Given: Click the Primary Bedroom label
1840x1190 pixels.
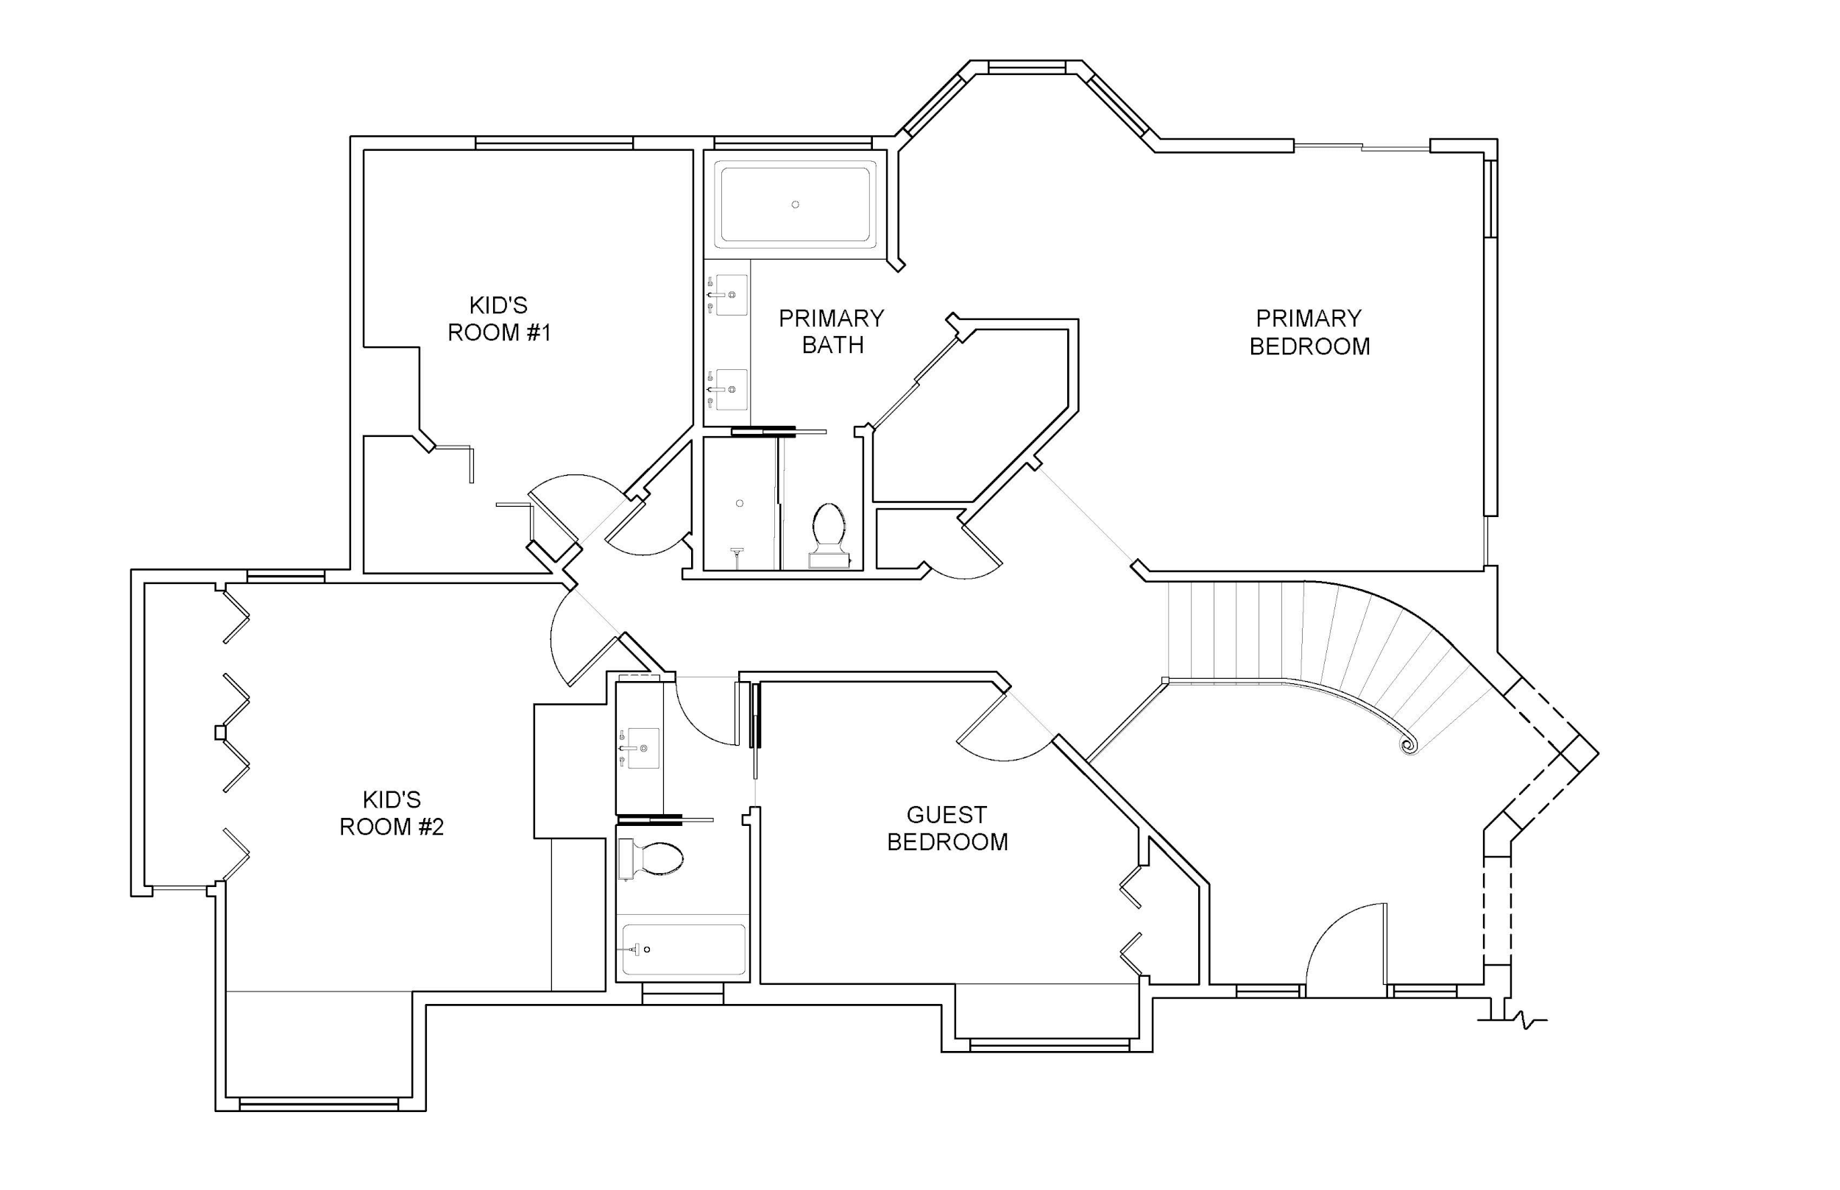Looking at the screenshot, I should pos(1309,332).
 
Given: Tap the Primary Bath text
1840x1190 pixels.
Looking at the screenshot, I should pos(831,332).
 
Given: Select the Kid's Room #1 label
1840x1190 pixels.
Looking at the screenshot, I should pos(499,318).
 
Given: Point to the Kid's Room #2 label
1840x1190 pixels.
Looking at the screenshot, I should pos(392,813).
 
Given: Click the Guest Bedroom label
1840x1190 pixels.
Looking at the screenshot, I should pos(947,827).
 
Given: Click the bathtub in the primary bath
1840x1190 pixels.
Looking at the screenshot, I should pos(795,204).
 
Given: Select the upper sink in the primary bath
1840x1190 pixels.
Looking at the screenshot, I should pos(730,294).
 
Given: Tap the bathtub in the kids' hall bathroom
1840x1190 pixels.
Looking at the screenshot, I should pos(684,949).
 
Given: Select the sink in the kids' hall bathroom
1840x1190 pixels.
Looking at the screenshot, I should pos(642,748).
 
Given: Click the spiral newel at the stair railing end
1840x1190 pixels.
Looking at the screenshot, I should pos(1409,745).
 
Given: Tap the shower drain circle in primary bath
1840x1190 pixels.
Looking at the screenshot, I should pos(740,503).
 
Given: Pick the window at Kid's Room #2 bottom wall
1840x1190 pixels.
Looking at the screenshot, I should pos(319,1103).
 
